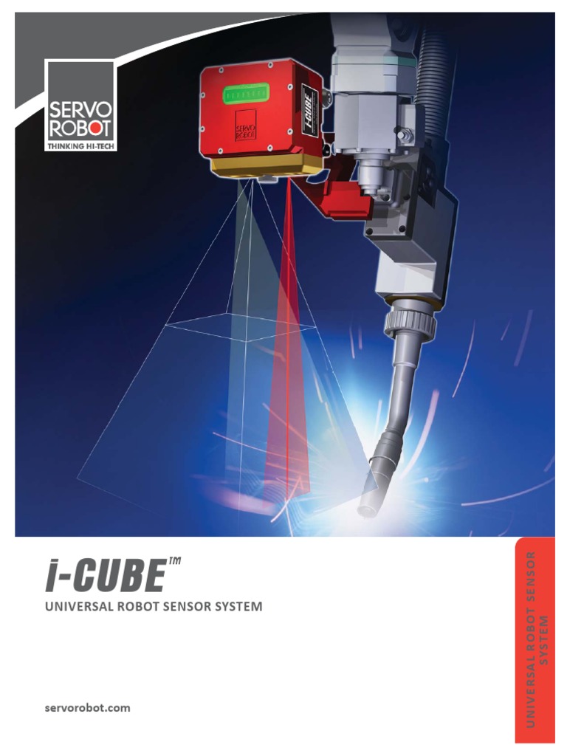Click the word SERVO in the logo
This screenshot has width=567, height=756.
(x=80, y=111)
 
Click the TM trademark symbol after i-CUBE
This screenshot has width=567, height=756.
(x=174, y=563)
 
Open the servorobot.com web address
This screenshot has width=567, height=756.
(x=87, y=707)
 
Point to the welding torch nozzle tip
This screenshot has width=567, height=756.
(x=366, y=509)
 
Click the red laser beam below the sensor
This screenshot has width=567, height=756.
(x=287, y=332)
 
